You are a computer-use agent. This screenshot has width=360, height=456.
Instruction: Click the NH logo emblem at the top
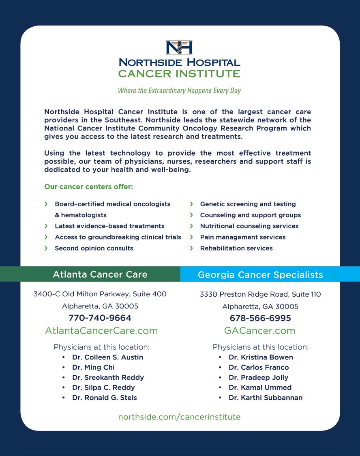point(179,47)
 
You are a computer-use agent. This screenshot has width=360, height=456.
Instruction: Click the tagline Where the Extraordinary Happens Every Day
point(179,90)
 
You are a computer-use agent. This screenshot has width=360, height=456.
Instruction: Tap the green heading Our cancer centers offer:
point(89,187)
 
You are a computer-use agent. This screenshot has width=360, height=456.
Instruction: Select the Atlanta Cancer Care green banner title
point(100,274)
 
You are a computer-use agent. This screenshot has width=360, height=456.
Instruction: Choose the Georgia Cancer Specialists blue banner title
point(260,275)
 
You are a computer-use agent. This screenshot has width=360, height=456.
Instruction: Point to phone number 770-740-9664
point(100,318)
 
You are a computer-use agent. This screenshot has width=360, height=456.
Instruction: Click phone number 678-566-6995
point(260,318)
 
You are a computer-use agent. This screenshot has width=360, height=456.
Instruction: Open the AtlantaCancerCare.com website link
point(101,331)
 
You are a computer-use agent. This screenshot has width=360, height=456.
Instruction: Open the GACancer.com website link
point(260,331)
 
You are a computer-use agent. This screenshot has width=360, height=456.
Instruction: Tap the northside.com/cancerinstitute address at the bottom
point(179,417)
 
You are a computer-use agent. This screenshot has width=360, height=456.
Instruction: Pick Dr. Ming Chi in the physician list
point(93,367)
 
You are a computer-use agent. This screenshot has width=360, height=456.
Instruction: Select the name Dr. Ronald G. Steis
point(105,398)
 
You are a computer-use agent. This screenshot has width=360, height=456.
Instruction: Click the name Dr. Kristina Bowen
point(261,357)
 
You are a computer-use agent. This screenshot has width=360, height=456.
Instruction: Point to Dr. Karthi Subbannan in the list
point(266,398)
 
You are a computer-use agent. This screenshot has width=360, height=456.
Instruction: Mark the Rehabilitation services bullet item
point(236,248)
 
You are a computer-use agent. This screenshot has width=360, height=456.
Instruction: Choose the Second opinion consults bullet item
point(94,248)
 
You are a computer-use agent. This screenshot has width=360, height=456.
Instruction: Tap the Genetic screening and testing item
point(248,204)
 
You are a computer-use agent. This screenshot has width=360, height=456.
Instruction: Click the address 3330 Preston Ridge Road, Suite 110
point(260,294)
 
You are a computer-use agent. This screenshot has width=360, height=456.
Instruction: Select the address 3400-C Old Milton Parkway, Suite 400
point(100,294)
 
